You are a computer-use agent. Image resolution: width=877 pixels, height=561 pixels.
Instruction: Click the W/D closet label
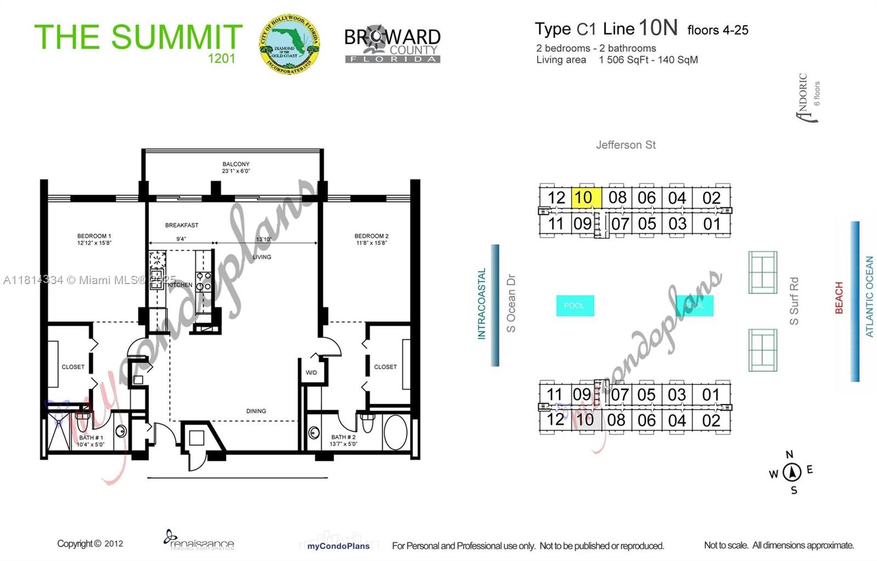pyautogui.click(x=311, y=373)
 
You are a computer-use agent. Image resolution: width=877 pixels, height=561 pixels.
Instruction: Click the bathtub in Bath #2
pyautogui.click(x=395, y=432)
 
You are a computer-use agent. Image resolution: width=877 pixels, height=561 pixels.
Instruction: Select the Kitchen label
pyautogui.click(x=180, y=285)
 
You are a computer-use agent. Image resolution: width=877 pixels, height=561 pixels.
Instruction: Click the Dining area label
pyautogui.click(x=256, y=411)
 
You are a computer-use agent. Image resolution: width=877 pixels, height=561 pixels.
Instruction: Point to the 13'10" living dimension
pyautogui.click(x=264, y=239)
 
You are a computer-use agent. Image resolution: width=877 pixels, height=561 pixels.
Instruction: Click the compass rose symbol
pyautogui.click(x=791, y=472)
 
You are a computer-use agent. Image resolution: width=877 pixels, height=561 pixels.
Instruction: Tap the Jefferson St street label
pyautogui.click(x=625, y=145)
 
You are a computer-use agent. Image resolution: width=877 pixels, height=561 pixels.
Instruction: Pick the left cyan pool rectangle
pyautogui.click(x=574, y=305)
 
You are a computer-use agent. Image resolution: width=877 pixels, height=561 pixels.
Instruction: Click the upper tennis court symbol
pyautogui.click(x=762, y=273)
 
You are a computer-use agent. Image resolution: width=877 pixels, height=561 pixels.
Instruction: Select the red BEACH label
pyautogui.click(x=839, y=298)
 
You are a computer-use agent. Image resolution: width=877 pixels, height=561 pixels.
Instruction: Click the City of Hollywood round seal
pyautogui.click(x=289, y=44)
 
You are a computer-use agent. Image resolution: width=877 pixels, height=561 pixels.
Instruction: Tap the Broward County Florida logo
pyautogui.click(x=392, y=44)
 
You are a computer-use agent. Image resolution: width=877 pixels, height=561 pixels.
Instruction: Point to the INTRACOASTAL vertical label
pyautogui.click(x=482, y=303)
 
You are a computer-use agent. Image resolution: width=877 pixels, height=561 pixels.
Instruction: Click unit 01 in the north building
pyautogui.click(x=711, y=224)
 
